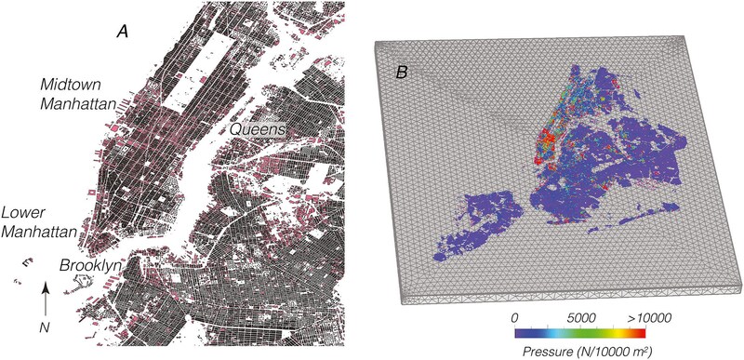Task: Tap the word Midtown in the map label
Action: pos(66,85)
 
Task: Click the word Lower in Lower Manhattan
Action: pos(23,211)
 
